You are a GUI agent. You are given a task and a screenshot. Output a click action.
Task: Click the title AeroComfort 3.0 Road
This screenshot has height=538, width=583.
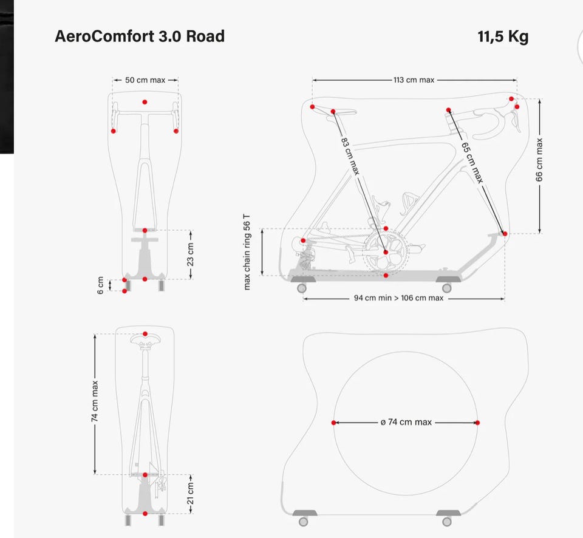pos(140,36)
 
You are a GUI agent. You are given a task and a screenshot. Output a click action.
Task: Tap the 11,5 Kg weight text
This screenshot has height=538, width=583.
pos(503,37)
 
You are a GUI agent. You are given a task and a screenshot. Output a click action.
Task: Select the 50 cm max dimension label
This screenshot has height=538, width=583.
pos(145,80)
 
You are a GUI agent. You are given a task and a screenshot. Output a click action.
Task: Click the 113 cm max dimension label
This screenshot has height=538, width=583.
pos(414,80)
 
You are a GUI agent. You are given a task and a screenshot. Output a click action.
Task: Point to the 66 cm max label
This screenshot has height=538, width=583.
pos(539,160)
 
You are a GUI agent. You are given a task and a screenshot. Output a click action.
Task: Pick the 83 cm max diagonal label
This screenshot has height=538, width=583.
pos(350,156)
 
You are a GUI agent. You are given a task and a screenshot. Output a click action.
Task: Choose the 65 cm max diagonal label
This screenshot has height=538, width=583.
pos(472,163)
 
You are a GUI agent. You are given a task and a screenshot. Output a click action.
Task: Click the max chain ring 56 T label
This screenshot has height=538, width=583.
pos(247,252)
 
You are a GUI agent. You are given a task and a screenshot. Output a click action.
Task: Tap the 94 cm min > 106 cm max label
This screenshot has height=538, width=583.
pos(398,298)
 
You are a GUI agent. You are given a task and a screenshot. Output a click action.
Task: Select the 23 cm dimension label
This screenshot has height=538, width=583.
pos(190,254)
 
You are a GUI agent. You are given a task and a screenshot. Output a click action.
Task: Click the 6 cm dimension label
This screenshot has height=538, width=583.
pos(100,285)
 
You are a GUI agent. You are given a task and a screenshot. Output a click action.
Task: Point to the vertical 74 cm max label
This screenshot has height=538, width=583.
pos(95,401)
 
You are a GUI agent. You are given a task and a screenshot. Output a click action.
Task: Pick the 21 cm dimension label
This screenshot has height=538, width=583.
pos(190,493)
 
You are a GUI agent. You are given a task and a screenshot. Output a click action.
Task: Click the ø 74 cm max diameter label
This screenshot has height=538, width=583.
pos(406,422)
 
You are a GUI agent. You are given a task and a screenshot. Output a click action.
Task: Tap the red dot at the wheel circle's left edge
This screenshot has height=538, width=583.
pos(333,423)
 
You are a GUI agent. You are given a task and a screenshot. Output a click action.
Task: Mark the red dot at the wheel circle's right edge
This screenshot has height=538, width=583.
pos(477,423)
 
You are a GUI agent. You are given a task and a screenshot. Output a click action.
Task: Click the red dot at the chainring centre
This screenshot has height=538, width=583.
pos(386,252)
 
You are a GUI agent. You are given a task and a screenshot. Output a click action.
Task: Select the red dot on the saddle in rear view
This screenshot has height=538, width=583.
pos(145,334)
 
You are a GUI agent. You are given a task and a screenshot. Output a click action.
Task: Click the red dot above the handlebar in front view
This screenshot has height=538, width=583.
pos(145,102)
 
